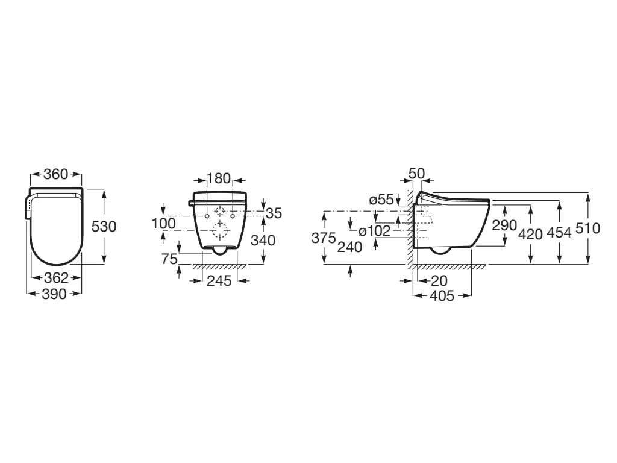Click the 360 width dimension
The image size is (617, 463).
56,174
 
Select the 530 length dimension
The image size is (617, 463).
104,227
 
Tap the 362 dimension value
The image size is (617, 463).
56,277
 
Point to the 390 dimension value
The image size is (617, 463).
54,294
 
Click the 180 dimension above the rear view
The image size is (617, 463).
219,178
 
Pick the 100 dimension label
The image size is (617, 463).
164,223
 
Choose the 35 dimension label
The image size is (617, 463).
274,213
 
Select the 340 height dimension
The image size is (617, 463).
263,240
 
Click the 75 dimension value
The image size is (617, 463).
169,259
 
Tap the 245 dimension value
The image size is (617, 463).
219,280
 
